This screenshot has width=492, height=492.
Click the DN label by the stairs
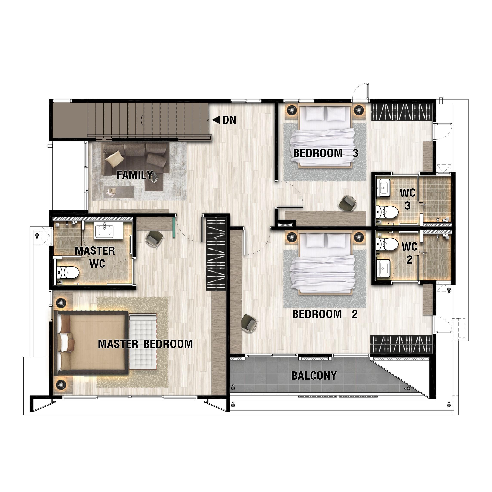(229, 120)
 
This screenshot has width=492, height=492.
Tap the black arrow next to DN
(216, 120)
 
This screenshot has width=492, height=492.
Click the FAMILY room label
(135, 175)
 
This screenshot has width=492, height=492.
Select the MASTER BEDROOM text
(146, 344)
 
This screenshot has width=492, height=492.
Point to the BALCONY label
(314, 376)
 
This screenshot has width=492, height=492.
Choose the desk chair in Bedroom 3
(346, 203)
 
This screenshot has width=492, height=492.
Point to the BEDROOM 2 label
(325, 314)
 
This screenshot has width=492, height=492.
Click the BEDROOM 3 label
(326, 153)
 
